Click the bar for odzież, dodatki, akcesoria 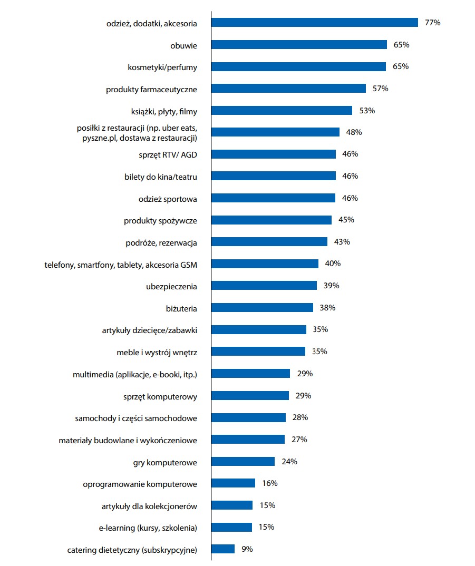pos(314,23)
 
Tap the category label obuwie pos(183,45)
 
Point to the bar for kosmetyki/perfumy pos(299,67)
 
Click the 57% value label pos(380,89)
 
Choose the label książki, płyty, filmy pos(164,111)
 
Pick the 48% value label pos(354,132)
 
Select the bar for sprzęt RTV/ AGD pos(274,154)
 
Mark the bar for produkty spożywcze pos(272,220)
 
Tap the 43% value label pos(342,242)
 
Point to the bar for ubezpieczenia pos(264,285)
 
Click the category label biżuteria pos(181,308)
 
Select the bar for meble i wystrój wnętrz pos(258,352)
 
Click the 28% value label pos(300,417)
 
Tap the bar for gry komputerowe pos(243,462)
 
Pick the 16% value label pos(269,483)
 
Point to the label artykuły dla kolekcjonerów pos(149,506)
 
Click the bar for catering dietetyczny pos(223,549)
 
